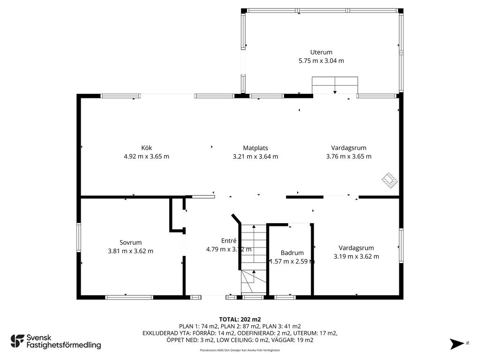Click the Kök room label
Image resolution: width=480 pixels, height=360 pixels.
147,148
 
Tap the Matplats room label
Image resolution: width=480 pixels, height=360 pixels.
255,148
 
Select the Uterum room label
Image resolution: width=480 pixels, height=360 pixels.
321,52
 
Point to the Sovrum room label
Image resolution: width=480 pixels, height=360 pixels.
130,243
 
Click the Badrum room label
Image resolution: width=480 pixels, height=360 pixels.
292,253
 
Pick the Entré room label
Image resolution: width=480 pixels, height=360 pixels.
229,241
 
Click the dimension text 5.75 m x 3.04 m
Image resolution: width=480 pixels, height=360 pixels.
321,61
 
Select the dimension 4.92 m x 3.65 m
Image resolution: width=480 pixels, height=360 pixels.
146,157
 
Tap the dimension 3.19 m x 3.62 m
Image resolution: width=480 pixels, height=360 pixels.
356,256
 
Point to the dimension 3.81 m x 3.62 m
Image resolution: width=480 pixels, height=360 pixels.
130,251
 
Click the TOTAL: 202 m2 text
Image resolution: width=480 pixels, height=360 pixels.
240,320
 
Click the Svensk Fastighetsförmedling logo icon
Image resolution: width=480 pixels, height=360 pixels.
17,341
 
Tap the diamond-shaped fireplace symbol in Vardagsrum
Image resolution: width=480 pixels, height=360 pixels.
390,180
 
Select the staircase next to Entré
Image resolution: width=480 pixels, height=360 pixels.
254,259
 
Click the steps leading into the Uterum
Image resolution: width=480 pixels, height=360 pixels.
335,85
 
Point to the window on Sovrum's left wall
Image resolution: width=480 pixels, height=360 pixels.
79,238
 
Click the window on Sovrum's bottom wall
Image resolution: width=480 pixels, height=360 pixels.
129,297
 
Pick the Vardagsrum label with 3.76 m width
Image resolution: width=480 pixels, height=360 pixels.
349,148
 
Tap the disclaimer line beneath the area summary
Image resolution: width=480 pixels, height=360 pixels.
240,350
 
